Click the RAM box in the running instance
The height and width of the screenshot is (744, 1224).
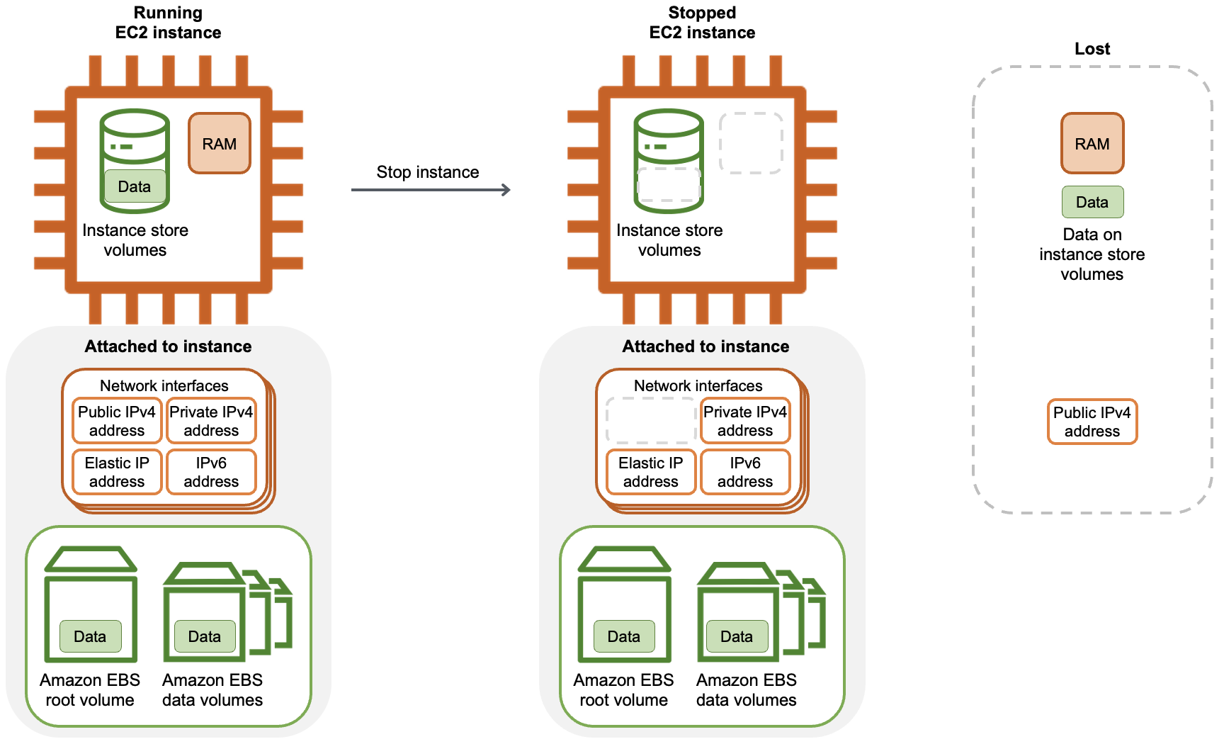[x=220, y=143]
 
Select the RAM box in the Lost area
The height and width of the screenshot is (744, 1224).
[x=1092, y=143]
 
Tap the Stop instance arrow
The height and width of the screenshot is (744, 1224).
[x=431, y=190]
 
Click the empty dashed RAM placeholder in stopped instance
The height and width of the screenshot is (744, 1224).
[x=751, y=143]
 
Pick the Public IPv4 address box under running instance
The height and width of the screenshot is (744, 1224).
[x=117, y=421]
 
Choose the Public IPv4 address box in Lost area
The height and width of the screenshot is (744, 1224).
[x=1092, y=422]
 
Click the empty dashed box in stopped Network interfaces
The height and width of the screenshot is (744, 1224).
[x=651, y=421]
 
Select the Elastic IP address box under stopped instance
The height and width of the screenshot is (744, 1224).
[x=651, y=472]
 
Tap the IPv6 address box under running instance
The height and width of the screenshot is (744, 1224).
[x=211, y=472]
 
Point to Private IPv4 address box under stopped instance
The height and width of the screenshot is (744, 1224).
[x=745, y=421]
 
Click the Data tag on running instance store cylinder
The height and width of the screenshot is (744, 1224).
[x=135, y=186]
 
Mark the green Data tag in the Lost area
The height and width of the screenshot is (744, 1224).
[x=1092, y=202]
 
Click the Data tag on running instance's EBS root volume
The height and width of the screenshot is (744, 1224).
[x=90, y=636]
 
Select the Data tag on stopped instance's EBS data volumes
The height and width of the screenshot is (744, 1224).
[x=737, y=636]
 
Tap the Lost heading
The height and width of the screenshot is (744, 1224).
[x=1092, y=49]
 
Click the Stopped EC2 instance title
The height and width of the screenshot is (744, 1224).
[x=702, y=23]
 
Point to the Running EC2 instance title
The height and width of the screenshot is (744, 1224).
[x=168, y=23]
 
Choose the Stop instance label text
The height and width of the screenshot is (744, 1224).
[x=428, y=172]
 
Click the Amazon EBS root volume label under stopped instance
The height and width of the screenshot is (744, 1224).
[x=623, y=690]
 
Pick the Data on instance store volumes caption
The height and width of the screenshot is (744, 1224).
[x=1092, y=254]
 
